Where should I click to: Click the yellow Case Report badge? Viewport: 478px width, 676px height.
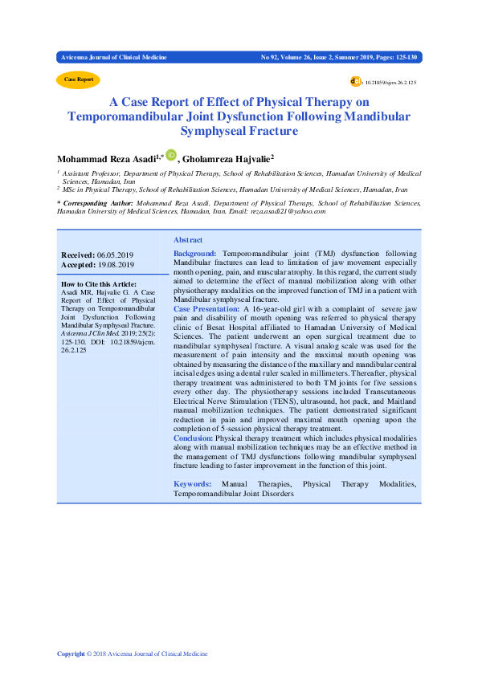[78, 79]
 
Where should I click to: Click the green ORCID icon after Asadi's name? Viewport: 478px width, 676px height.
[170, 157]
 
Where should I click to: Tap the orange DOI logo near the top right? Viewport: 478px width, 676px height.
[355, 81]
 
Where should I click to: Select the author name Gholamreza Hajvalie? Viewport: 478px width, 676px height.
[228, 159]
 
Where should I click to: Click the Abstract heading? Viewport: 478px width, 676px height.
[188, 240]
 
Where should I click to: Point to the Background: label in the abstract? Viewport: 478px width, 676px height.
[195, 253]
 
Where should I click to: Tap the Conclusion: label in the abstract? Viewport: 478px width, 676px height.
[193, 438]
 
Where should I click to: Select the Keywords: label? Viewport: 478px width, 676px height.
[193, 484]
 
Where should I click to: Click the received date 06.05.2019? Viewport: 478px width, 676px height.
[115, 255]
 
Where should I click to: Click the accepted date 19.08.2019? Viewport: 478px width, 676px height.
[115, 265]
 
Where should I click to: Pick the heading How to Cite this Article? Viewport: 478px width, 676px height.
[100, 283]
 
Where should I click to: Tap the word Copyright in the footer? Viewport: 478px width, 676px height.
[71, 654]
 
